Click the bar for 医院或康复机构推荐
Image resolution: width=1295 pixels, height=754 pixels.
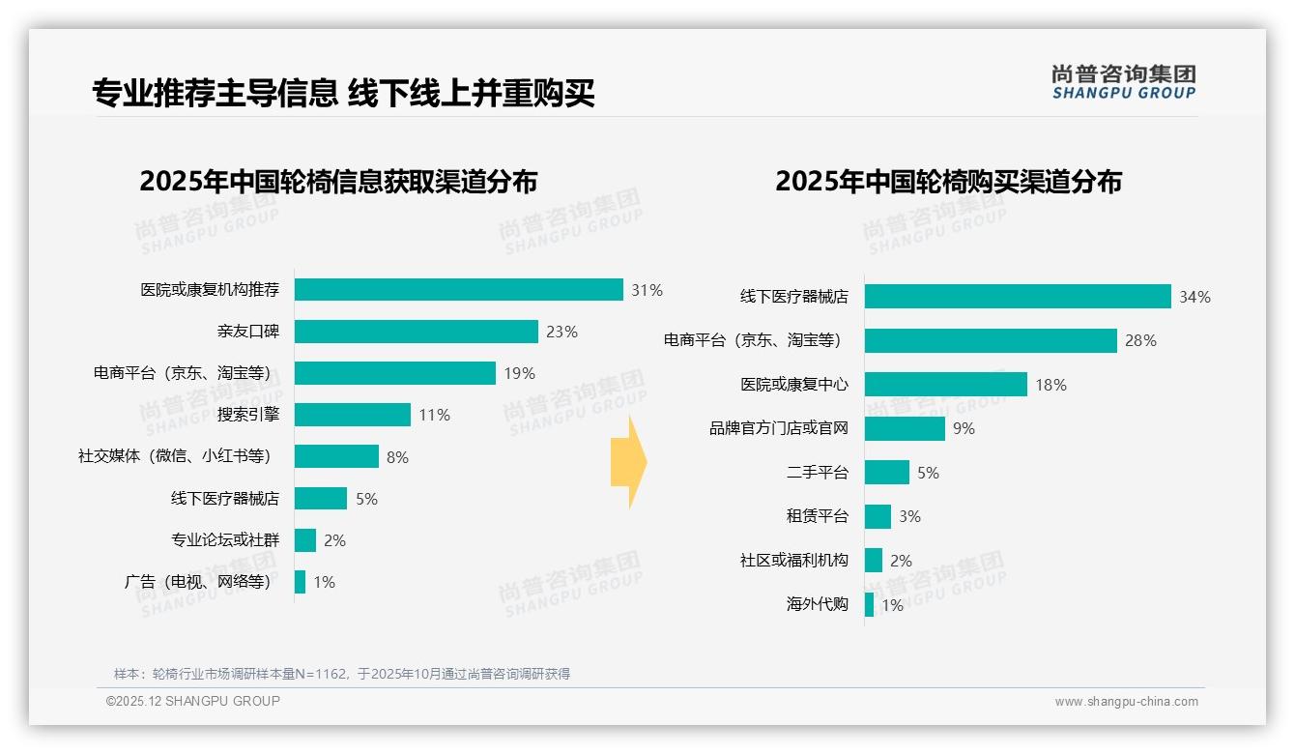458,290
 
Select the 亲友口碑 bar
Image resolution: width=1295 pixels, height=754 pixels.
416,332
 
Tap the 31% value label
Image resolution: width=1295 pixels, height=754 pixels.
647,290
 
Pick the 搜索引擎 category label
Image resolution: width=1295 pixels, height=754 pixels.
247,415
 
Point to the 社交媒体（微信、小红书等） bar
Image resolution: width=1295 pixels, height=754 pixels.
336,456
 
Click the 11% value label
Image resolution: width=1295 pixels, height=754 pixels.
434,415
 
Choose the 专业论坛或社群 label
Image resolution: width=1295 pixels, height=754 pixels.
224,540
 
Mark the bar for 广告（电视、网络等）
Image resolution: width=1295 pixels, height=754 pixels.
300,582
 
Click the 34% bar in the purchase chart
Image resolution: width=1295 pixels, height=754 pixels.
1017,297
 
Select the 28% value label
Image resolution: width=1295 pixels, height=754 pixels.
1140,340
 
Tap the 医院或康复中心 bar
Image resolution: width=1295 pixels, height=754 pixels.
945,385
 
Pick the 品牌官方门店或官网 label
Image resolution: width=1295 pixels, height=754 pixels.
778,428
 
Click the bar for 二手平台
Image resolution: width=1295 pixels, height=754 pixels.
886,473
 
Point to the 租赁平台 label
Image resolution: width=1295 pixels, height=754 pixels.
817,516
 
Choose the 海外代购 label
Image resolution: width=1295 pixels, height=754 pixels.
817,604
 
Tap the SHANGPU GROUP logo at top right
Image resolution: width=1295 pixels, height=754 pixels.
1123,82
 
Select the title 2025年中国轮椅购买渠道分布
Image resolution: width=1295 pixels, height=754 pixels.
948,182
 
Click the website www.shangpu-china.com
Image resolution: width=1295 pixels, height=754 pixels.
1126,702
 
